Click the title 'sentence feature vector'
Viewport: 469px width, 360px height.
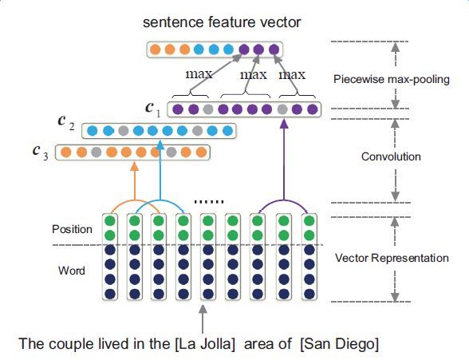(x=222, y=22)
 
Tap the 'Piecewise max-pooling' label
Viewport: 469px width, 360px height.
(x=391, y=79)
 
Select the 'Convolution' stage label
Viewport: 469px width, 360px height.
(x=391, y=156)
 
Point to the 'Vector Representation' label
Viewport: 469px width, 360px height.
(x=392, y=258)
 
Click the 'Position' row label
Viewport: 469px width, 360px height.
(x=72, y=229)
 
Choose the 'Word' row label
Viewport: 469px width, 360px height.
(x=72, y=271)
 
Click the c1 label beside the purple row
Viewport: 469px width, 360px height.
(x=153, y=109)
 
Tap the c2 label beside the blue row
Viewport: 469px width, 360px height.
(x=65, y=123)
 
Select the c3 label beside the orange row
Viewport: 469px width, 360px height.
(x=41, y=152)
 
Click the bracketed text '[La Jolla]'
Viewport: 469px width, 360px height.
(x=204, y=344)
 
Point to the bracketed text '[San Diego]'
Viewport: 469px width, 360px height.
(x=340, y=344)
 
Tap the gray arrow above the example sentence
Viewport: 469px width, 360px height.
(x=203, y=318)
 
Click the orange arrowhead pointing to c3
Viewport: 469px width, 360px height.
(x=135, y=165)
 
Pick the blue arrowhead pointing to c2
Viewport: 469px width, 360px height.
(x=160, y=144)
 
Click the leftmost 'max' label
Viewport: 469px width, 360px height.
(x=199, y=74)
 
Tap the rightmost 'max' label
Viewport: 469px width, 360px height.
(x=292, y=75)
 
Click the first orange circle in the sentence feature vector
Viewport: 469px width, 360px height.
(x=155, y=49)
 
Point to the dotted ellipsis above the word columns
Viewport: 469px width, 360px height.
(x=209, y=202)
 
